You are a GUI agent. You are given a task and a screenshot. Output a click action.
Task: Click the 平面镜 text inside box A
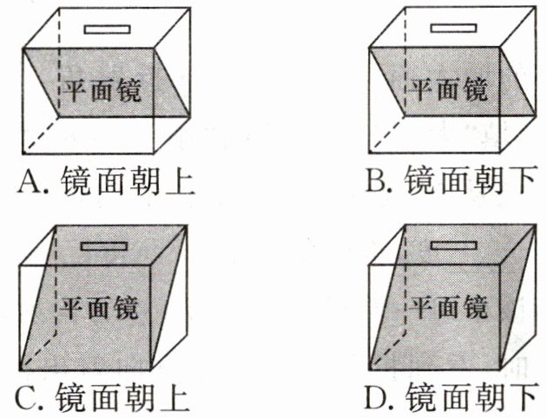(102, 89)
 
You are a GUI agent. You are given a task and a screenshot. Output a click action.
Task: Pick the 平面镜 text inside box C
(102, 306)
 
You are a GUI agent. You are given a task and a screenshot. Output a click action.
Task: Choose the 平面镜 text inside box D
(448, 306)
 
